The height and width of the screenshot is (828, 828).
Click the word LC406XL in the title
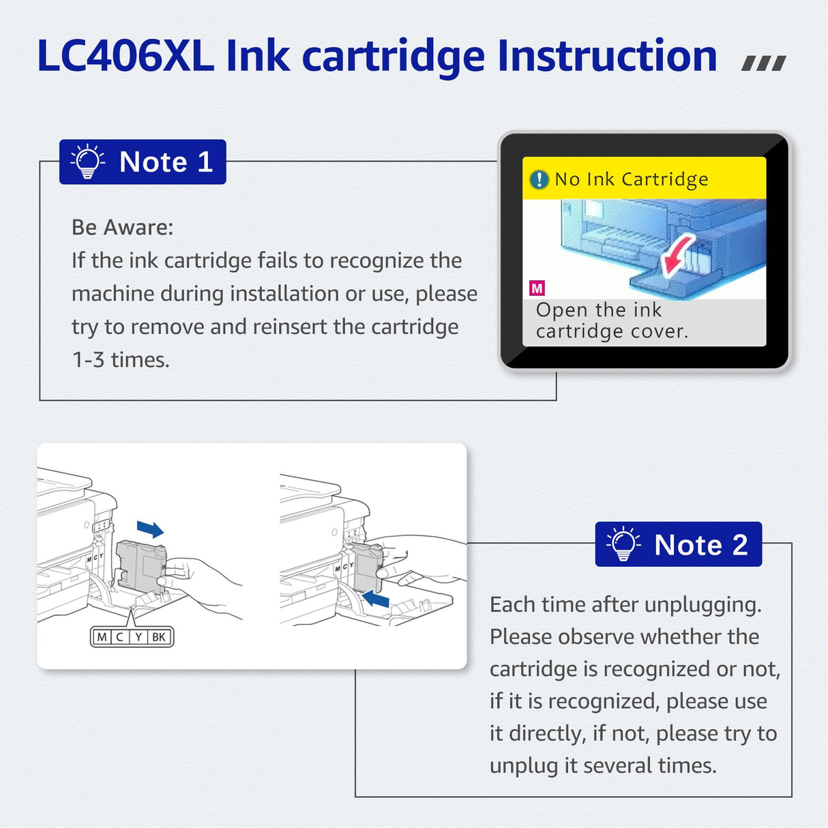coord(125,56)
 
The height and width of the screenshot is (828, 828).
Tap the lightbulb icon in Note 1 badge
coord(87,162)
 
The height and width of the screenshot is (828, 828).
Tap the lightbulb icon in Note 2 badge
coord(623,544)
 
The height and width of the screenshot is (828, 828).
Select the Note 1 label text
coord(166,162)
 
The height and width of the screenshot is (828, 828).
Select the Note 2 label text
coord(700,545)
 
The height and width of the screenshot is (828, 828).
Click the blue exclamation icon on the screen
coord(539,179)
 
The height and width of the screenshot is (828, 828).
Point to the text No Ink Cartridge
coord(631,179)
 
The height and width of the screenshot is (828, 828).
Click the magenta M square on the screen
coord(537,288)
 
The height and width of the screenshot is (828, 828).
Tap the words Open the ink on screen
coord(598,310)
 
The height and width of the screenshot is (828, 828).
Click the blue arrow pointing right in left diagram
coord(150,529)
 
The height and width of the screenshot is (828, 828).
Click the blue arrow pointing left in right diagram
coord(375,599)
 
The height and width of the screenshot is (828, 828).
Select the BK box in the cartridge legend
coord(159,637)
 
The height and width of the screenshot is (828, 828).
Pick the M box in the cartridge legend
coord(102,637)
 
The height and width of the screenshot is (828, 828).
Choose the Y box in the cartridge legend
coord(138,637)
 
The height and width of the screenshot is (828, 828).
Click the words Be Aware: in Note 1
coord(122,227)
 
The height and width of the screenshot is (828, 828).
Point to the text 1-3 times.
coord(121,359)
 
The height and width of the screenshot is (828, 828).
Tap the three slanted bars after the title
coord(763,63)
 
